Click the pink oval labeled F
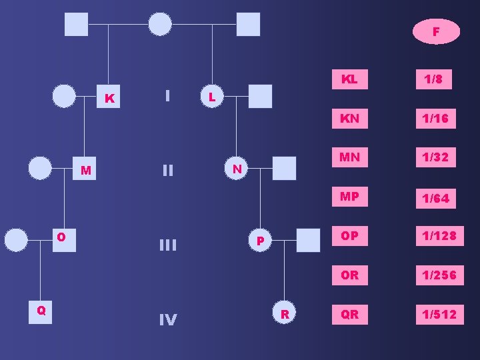point(436,31)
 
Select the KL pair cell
point(349,79)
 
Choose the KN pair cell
point(349,119)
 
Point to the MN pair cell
point(349,157)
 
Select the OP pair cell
point(349,236)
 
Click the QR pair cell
point(349,315)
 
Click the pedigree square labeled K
point(109,99)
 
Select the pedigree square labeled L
point(211,97)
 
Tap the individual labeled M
point(85,170)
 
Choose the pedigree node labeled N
point(237,169)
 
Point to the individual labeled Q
point(41,310)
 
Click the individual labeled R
point(285,313)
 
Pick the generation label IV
point(167,321)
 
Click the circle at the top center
point(159,24)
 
